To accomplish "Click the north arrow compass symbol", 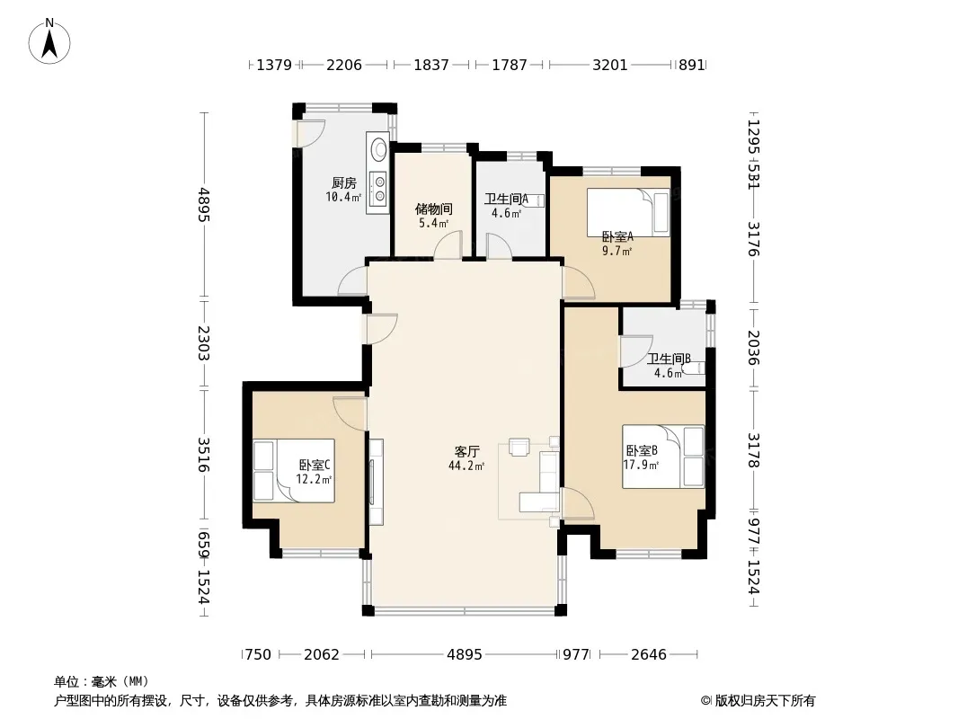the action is [x=49, y=41].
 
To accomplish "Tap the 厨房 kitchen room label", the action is [x=344, y=182].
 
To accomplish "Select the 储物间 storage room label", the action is [x=434, y=209].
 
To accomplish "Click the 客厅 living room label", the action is [x=466, y=451].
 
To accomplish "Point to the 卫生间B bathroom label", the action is [x=669, y=359].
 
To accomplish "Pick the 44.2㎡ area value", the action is [x=466, y=466].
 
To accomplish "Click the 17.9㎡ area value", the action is [x=641, y=465].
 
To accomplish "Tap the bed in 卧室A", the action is [x=628, y=212].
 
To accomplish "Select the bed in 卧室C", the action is [x=294, y=471].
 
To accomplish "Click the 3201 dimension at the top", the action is [x=609, y=65].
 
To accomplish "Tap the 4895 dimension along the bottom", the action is [x=465, y=654].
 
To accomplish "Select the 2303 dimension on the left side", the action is [x=203, y=342].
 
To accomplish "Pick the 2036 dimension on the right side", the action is [x=753, y=348].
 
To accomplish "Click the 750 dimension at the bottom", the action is [x=257, y=654].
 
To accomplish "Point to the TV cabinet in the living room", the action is [x=376, y=482].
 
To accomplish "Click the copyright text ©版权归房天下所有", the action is [x=758, y=701].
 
